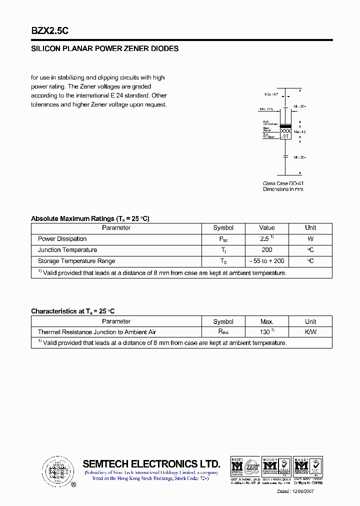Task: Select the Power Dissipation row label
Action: pyautogui.click(x=62, y=239)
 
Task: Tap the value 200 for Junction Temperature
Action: pyautogui.click(x=267, y=250)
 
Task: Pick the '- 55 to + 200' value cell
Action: pyautogui.click(x=267, y=261)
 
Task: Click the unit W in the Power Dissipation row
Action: pyautogui.click(x=310, y=239)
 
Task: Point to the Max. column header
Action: pyautogui.click(x=267, y=321)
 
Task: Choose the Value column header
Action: pyautogui.click(x=267, y=228)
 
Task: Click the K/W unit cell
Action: pyautogui.click(x=310, y=332)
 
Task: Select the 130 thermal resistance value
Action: pyautogui.click(x=266, y=332)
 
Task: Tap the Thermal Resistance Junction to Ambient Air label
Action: pyautogui.click(x=97, y=332)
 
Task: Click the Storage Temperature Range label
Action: pyautogui.click(x=76, y=261)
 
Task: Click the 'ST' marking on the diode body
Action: pyautogui.click(x=285, y=136)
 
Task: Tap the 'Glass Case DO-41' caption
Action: pyautogui.click(x=283, y=183)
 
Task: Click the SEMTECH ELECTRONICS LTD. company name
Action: pyautogui.click(x=151, y=463)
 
